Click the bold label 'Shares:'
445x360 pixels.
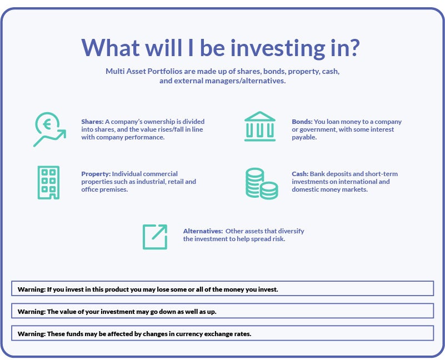pos(92,122)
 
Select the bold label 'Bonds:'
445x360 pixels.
pos(302,122)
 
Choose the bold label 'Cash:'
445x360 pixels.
pos(300,174)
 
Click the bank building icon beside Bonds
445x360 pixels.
pos(259,127)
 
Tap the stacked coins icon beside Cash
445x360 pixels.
pos(261,184)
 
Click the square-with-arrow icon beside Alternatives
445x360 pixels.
pos(155,236)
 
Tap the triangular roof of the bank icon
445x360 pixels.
pos(259,117)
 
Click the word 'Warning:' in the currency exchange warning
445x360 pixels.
pos(31,334)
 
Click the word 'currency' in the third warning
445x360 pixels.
pos(176,334)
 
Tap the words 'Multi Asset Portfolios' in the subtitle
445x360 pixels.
pos(146,72)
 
